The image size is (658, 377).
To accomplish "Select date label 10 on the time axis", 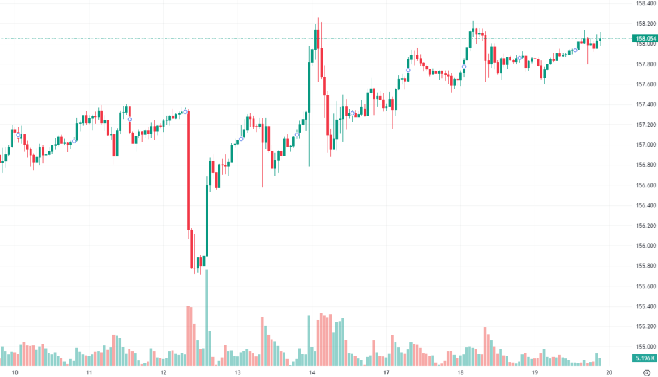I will point(15,372).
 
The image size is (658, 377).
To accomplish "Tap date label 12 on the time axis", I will point(163,372).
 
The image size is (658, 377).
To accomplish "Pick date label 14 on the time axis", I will point(312,372).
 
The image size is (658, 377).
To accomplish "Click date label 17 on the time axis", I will point(386,372).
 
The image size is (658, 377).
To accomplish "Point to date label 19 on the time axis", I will point(535,372).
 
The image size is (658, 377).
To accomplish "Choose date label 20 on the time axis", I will point(609,372).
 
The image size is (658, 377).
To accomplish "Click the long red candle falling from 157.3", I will point(188,170).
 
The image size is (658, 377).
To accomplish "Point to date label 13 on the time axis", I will point(237,372).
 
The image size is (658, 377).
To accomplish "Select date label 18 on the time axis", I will point(460,372).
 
